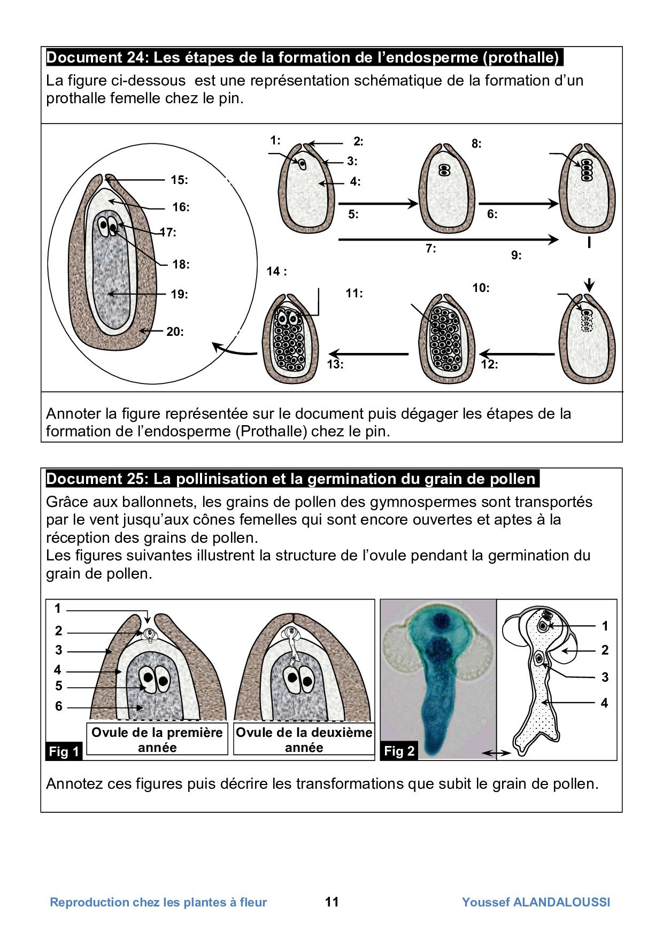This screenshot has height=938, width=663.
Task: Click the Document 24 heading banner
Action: pyautogui.click(x=304, y=57)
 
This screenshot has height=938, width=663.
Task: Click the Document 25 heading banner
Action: pyautogui.click(x=292, y=479)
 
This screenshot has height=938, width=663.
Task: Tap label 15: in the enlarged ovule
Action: pyautogui.click(x=179, y=180)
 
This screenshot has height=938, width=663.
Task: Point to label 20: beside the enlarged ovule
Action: pyautogui.click(x=175, y=332)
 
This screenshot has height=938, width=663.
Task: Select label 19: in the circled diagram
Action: pyautogui.click(x=179, y=294)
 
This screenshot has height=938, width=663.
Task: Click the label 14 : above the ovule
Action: pyautogui.click(x=276, y=272)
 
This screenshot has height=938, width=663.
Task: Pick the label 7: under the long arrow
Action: pyautogui.click(x=430, y=249)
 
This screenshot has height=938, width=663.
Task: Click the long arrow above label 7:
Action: pyautogui.click(x=448, y=240)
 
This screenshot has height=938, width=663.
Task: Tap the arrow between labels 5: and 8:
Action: pyautogui.click(x=378, y=203)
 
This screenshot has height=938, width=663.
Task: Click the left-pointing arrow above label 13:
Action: pyautogui.click(x=368, y=353)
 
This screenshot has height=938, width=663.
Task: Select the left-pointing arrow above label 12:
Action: pyautogui.click(x=517, y=353)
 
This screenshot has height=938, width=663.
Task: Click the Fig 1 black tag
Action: pyautogui.click(x=64, y=751)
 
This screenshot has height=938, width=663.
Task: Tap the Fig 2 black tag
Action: pyautogui.click(x=399, y=751)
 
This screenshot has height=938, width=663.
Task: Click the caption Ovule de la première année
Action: pyautogui.click(x=157, y=740)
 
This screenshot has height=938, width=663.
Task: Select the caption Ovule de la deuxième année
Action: pyautogui.click(x=304, y=740)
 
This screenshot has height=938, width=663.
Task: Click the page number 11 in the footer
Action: pyautogui.click(x=332, y=902)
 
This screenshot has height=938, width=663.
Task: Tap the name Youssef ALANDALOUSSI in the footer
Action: pyautogui.click(x=536, y=902)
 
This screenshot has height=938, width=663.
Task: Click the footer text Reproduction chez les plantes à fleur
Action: pyautogui.click(x=158, y=902)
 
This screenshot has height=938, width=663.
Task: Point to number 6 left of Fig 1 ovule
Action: pyautogui.click(x=59, y=706)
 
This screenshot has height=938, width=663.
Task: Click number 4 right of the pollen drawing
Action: pyautogui.click(x=604, y=703)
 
